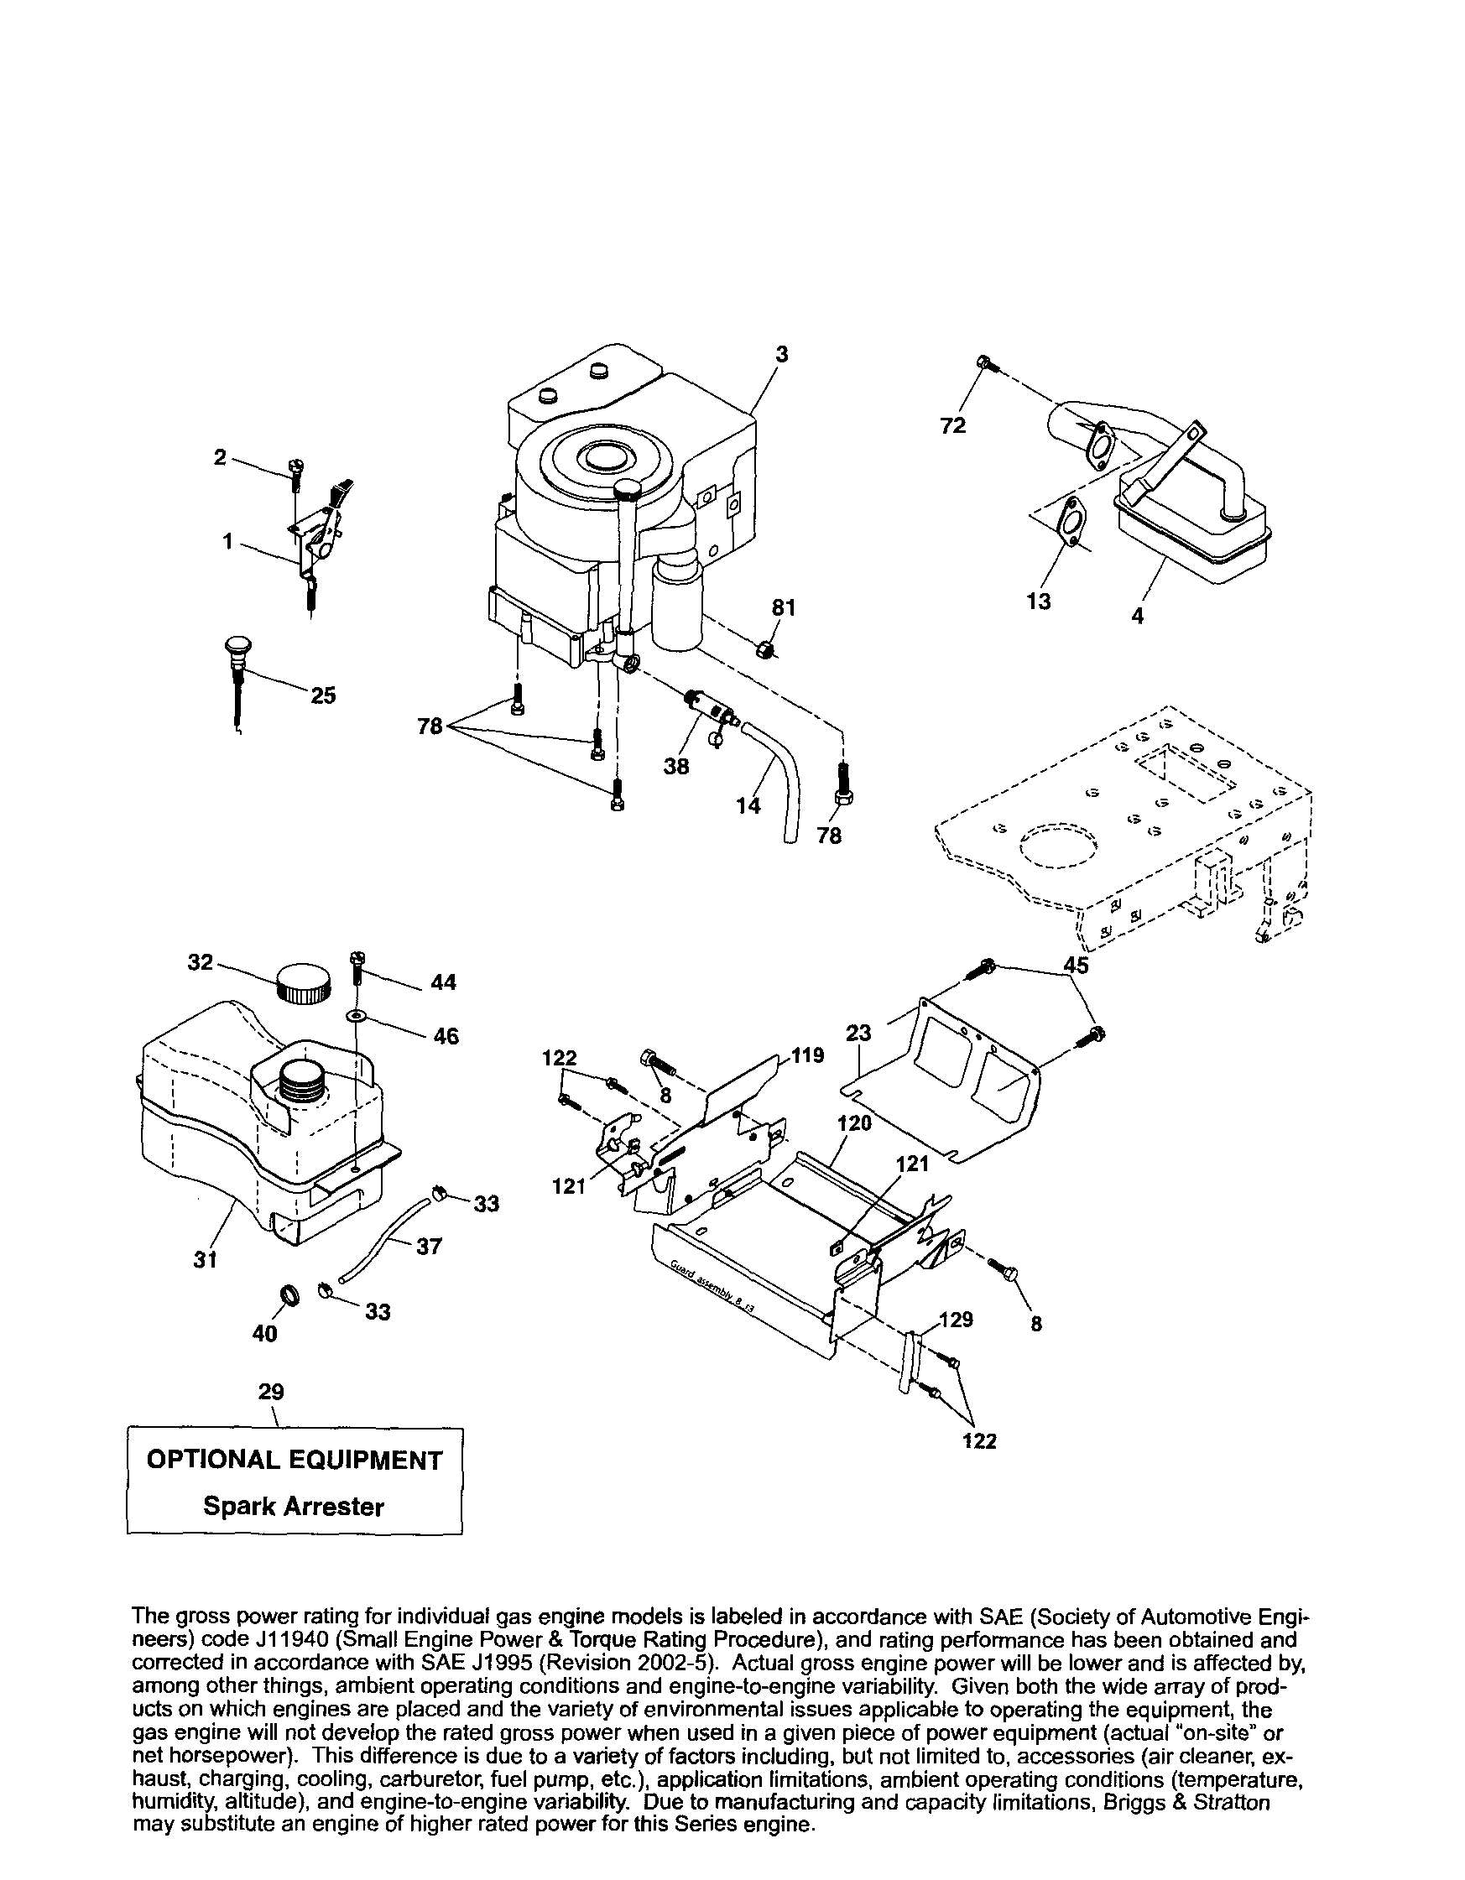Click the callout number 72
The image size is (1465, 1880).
tap(953, 425)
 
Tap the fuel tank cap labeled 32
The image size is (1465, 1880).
tap(303, 982)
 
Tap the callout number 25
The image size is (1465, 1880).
tap(323, 695)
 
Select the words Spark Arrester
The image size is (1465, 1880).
tap(294, 1507)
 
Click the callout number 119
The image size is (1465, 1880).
tap(807, 1055)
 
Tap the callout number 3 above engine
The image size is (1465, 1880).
tap(780, 354)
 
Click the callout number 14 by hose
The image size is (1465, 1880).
tap(748, 805)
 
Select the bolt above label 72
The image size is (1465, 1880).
tap(987, 365)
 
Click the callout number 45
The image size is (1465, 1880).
tap(1075, 965)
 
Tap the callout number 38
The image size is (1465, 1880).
tap(676, 765)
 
